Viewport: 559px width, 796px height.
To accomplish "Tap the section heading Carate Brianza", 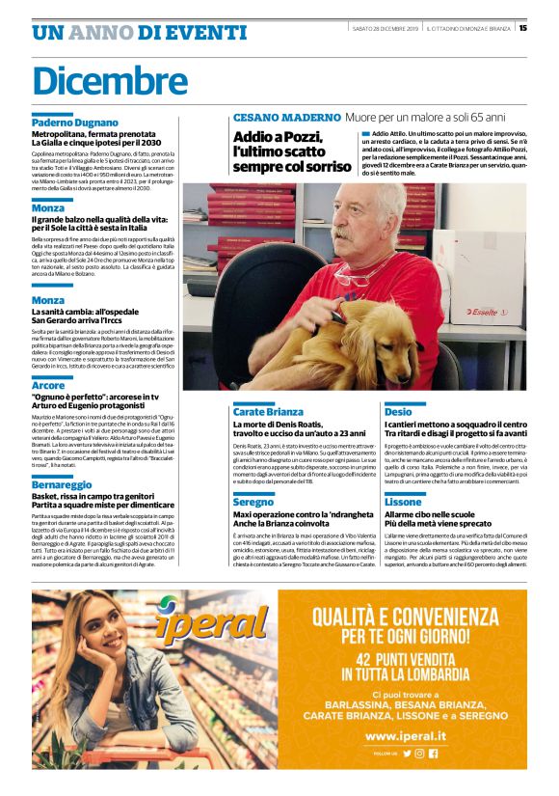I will pyautogui.click(x=269, y=412).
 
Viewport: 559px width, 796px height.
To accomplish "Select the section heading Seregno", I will pyautogui.click(x=253, y=503).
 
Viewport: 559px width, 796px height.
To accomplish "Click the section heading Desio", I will pyautogui.click(x=398, y=412).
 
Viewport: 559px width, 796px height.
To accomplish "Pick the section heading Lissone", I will pyautogui.click(x=403, y=503).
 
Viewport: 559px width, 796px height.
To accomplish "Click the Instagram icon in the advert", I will pyautogui.click(x=420, y=753).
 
